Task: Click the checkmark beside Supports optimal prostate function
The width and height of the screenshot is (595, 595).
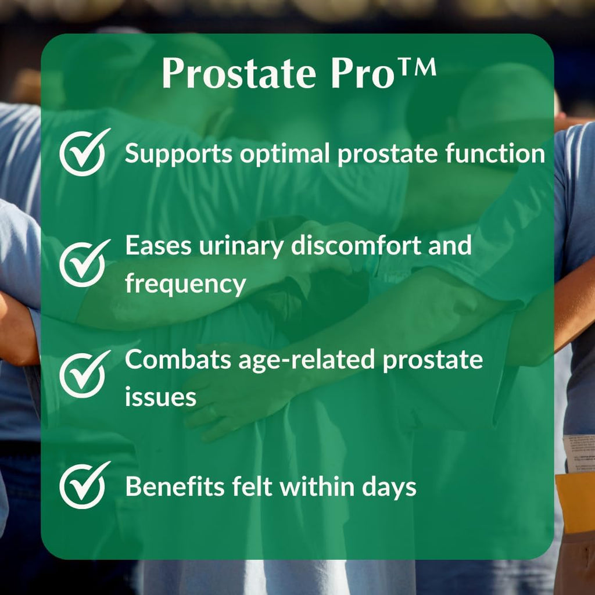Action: coord(84,153)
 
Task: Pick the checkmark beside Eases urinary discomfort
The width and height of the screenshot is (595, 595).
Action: coord(84,263)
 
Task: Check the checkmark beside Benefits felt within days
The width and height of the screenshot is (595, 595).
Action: coord(84,485)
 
